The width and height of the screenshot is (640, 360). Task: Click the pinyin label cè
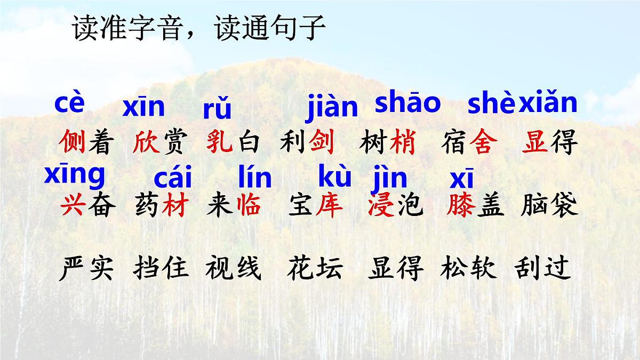point(69,104)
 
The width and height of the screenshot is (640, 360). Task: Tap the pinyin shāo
point(408,103)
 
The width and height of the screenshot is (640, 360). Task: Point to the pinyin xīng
point(75,175)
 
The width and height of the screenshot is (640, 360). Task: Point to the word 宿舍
point(469,143)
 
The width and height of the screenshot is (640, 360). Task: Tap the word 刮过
point(543,268)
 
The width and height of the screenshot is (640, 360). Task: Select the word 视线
point(233,268)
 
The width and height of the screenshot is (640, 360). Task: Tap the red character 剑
point(322,143)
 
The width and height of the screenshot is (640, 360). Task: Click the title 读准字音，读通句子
point(198,28)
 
